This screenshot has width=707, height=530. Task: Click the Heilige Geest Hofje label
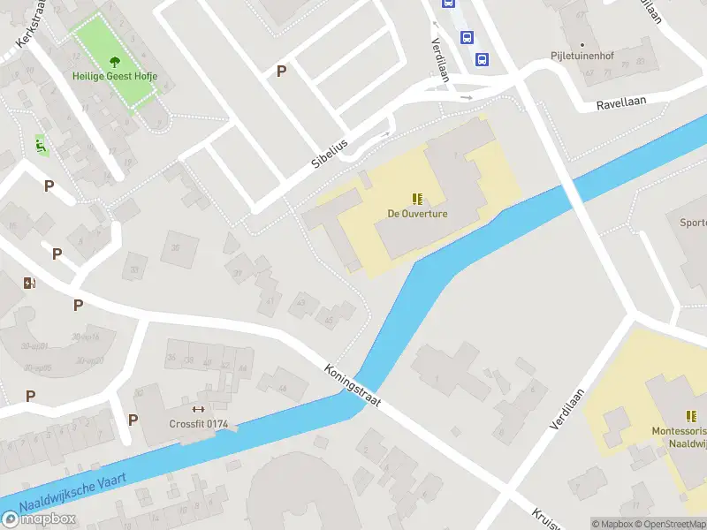(x=115, y=77)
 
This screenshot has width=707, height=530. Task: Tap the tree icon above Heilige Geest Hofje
(x=115, y=62)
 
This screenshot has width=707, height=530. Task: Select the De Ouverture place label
(x=417, y=214)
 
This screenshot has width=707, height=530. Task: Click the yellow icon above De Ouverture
(x=417, y=199)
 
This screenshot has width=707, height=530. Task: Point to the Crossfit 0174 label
(x=199, y=424)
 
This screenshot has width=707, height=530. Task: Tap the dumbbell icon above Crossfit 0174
(x=198, y=409)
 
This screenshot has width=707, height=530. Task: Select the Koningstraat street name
(x=352, y=385)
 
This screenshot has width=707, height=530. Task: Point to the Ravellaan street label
(x=621, y=102)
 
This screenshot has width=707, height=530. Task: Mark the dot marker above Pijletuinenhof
(x=582, y=43)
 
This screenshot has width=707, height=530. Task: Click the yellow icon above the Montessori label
(x=691, y=415)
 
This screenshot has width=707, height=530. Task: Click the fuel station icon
(x=30, y=283)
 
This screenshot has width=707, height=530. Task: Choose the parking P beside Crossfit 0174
(x=133, y=420)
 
